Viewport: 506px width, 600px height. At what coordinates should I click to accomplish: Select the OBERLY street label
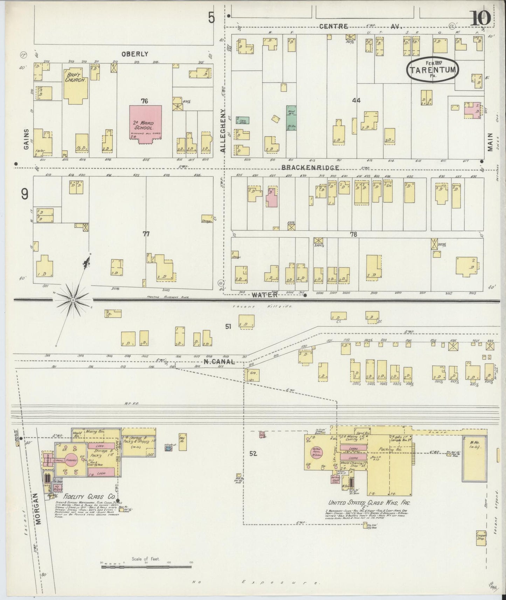pos(135,54)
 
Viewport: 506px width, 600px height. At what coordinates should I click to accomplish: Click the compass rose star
pos(73,300)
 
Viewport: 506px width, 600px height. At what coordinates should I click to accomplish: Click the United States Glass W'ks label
pos(368,503)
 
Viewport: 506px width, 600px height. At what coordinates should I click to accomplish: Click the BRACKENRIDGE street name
pos(310,168)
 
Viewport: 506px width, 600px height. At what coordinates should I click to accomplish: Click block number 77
pos(146,234)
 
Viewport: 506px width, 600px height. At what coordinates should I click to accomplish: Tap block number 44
pos(356,100)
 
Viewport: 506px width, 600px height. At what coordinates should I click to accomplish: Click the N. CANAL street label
pos(219,362)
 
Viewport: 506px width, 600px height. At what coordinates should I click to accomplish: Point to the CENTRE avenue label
pos(333,26)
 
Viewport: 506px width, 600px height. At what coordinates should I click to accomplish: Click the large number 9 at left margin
pos(25,194)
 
